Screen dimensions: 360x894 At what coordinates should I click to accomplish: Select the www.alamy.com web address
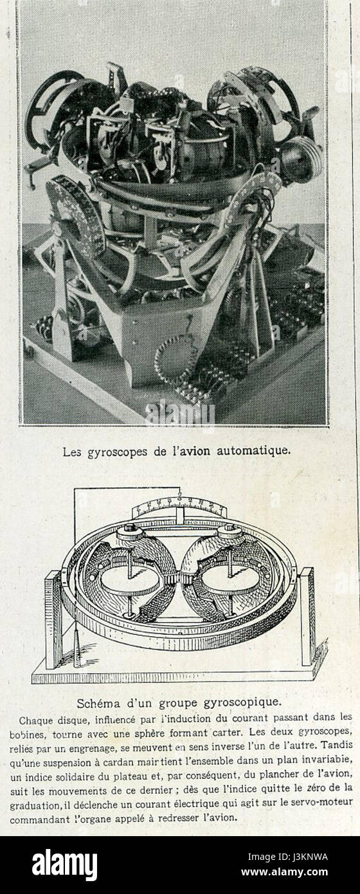285,872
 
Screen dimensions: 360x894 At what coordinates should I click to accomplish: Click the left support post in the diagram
53,623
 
